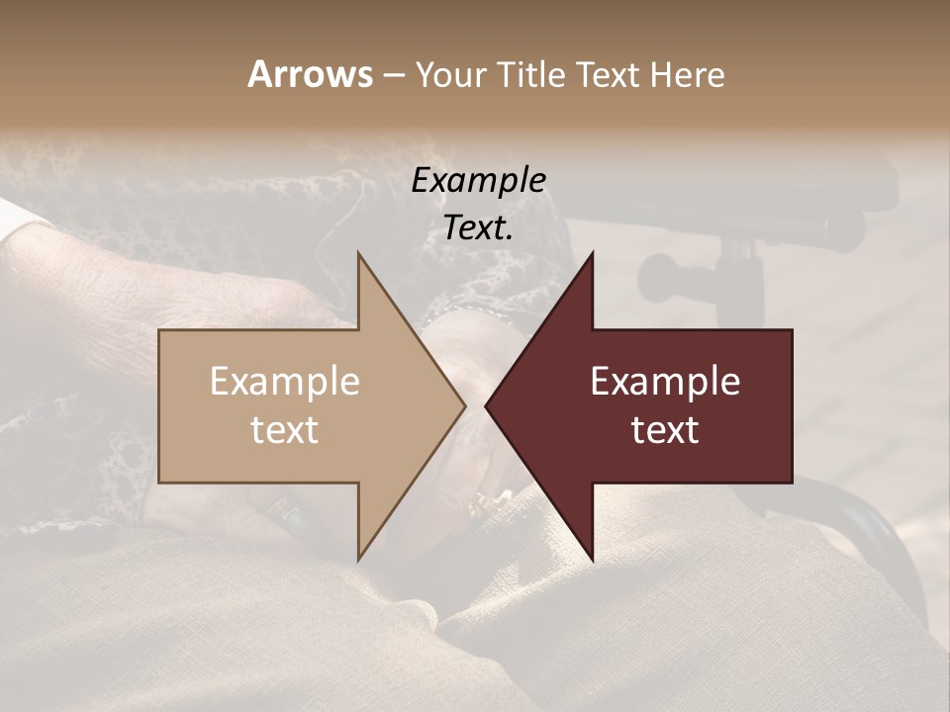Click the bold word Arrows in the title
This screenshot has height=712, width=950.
(310, 74)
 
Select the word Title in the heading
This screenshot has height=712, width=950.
(530, 75)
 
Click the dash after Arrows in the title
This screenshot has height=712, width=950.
(393, 75)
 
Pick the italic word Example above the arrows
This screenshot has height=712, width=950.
(479, 180)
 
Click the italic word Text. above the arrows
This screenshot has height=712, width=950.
(479, 228)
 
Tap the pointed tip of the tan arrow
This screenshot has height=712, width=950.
(463, 405)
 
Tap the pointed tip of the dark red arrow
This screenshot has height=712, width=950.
(487, 405)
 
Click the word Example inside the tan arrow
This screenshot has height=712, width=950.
(285, 382)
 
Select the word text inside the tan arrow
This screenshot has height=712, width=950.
(285, 430)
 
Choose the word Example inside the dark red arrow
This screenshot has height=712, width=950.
(665, 382)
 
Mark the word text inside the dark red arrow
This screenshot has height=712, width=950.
(665, 430)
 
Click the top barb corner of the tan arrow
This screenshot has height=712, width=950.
(358, 253)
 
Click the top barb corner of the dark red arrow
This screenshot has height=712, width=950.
(592, 253)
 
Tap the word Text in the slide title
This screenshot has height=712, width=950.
(610, 75)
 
